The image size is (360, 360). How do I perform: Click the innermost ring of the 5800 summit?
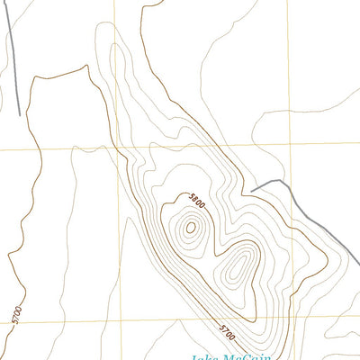click(x=190, y=228)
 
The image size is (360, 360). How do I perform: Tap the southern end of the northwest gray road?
click(x=20, y=114)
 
